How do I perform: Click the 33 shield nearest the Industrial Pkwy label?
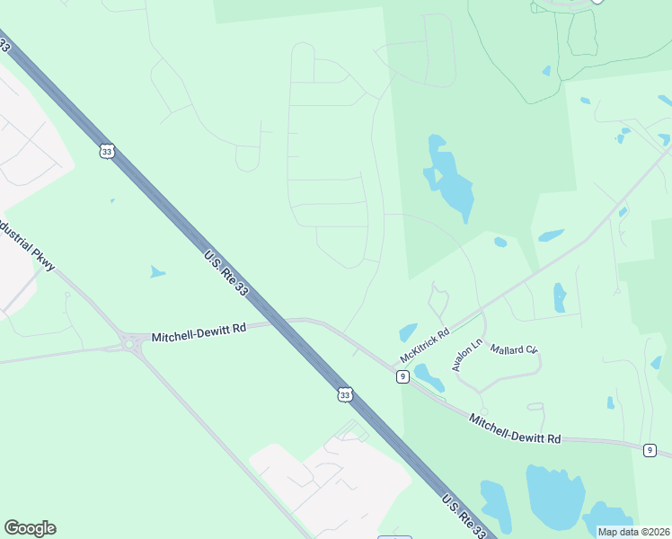click(108, 152)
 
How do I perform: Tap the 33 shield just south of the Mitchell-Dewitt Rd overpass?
click(345, 394)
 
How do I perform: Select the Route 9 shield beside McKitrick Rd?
click(403, 376)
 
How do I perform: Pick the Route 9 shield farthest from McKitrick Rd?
click(650, 450)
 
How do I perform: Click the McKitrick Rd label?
click(424, 345)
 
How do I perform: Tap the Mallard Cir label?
click(513, 348)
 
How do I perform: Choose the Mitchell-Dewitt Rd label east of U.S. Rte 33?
click(516, 429)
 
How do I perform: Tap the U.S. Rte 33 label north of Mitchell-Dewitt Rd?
click(226, 272)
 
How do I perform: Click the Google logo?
click(30, 528)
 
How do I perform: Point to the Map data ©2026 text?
click(633, 532)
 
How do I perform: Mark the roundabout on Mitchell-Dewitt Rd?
click(130, 342)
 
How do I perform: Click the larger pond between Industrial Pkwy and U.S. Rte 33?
click(157, 271)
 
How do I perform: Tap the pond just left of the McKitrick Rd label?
click(408, 331)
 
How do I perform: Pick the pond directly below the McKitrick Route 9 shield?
click(429, 378)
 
